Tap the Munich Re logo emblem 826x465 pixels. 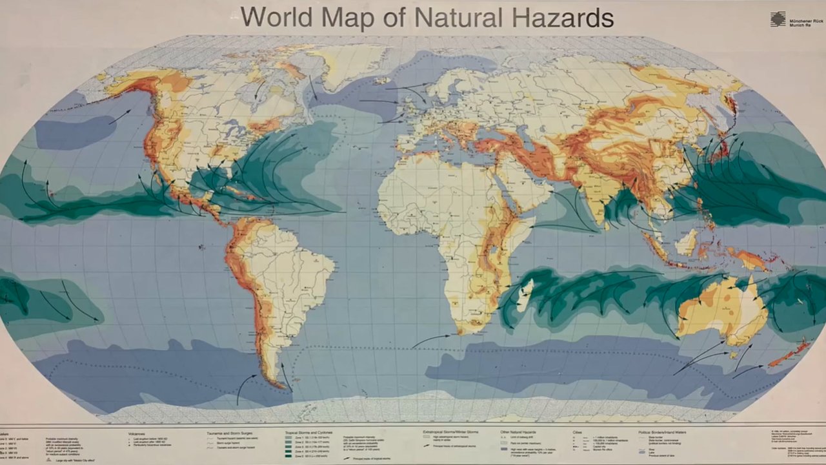pyautogui.click(x=778, y=19)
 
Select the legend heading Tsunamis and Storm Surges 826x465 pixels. pyautogui.click(x=231, y=434)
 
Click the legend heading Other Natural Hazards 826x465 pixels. pyautogui.click(x=519, y=431)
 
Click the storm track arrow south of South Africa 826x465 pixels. pyautogui.click(x=431, y=339)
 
